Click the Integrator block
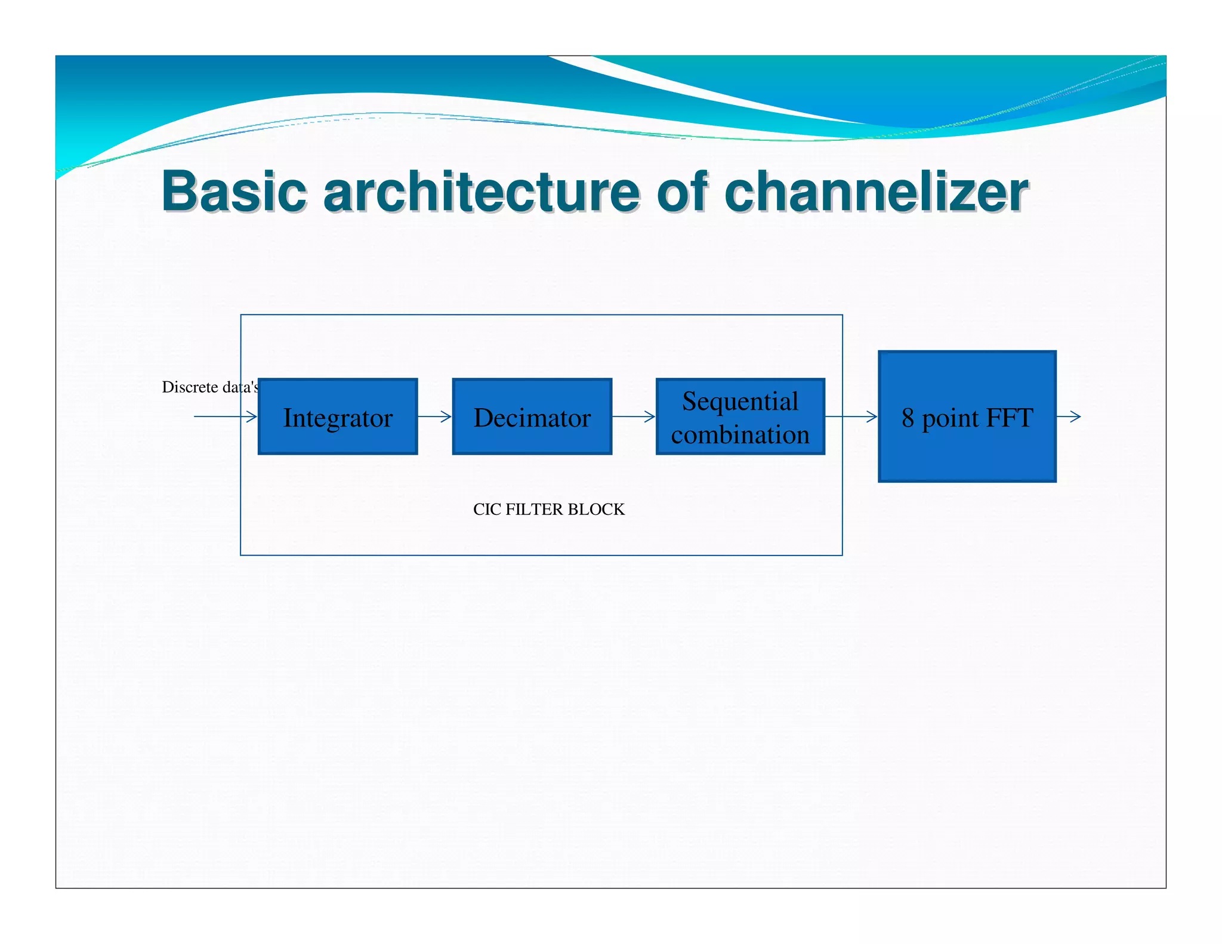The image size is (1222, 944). pyautogui.click(x=338, y=417)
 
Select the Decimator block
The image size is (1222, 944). pyautogui.click(x=532, y=417)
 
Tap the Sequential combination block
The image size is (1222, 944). pyautogui.click(x=740, y=417)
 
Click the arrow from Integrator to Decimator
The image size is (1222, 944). pyautogui.click(x=435, y=417)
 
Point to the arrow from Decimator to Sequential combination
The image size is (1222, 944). pyautogui.click(x=634, y=417)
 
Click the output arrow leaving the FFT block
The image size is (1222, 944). pyautogui.click(x=1069, y=417)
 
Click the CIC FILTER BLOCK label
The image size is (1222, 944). pyautogui.click(x=548, y=509)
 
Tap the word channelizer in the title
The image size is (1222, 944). pyautogui.click(x=876, y=192)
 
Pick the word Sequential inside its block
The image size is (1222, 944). pyautogui.click(x=740, y=402)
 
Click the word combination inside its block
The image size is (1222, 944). pyautogui.click(x=740, y=434)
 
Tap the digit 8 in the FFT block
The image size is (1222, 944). pyautogui.click(x=908, y=418)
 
